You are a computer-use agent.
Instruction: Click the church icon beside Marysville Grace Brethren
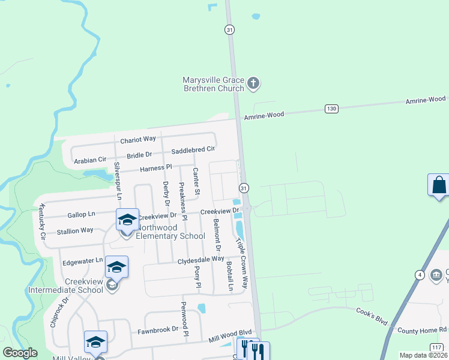coord(253,83)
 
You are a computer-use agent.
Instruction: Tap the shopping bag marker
coord(439,184)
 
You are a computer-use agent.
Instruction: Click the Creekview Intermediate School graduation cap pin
coord(116,267)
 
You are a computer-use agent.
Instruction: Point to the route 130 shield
coord(331,109)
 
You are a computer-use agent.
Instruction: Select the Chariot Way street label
coord(138,139)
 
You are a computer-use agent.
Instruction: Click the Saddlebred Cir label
coord(193,149)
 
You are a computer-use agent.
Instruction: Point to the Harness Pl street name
coord(155,168)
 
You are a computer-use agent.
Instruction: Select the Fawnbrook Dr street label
coord(158,329)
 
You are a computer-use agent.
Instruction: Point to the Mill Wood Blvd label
coord(230,336)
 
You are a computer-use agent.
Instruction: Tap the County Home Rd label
coord(423,331)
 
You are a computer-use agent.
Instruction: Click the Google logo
coord(20,353)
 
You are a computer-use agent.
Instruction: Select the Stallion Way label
coord(74,230)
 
